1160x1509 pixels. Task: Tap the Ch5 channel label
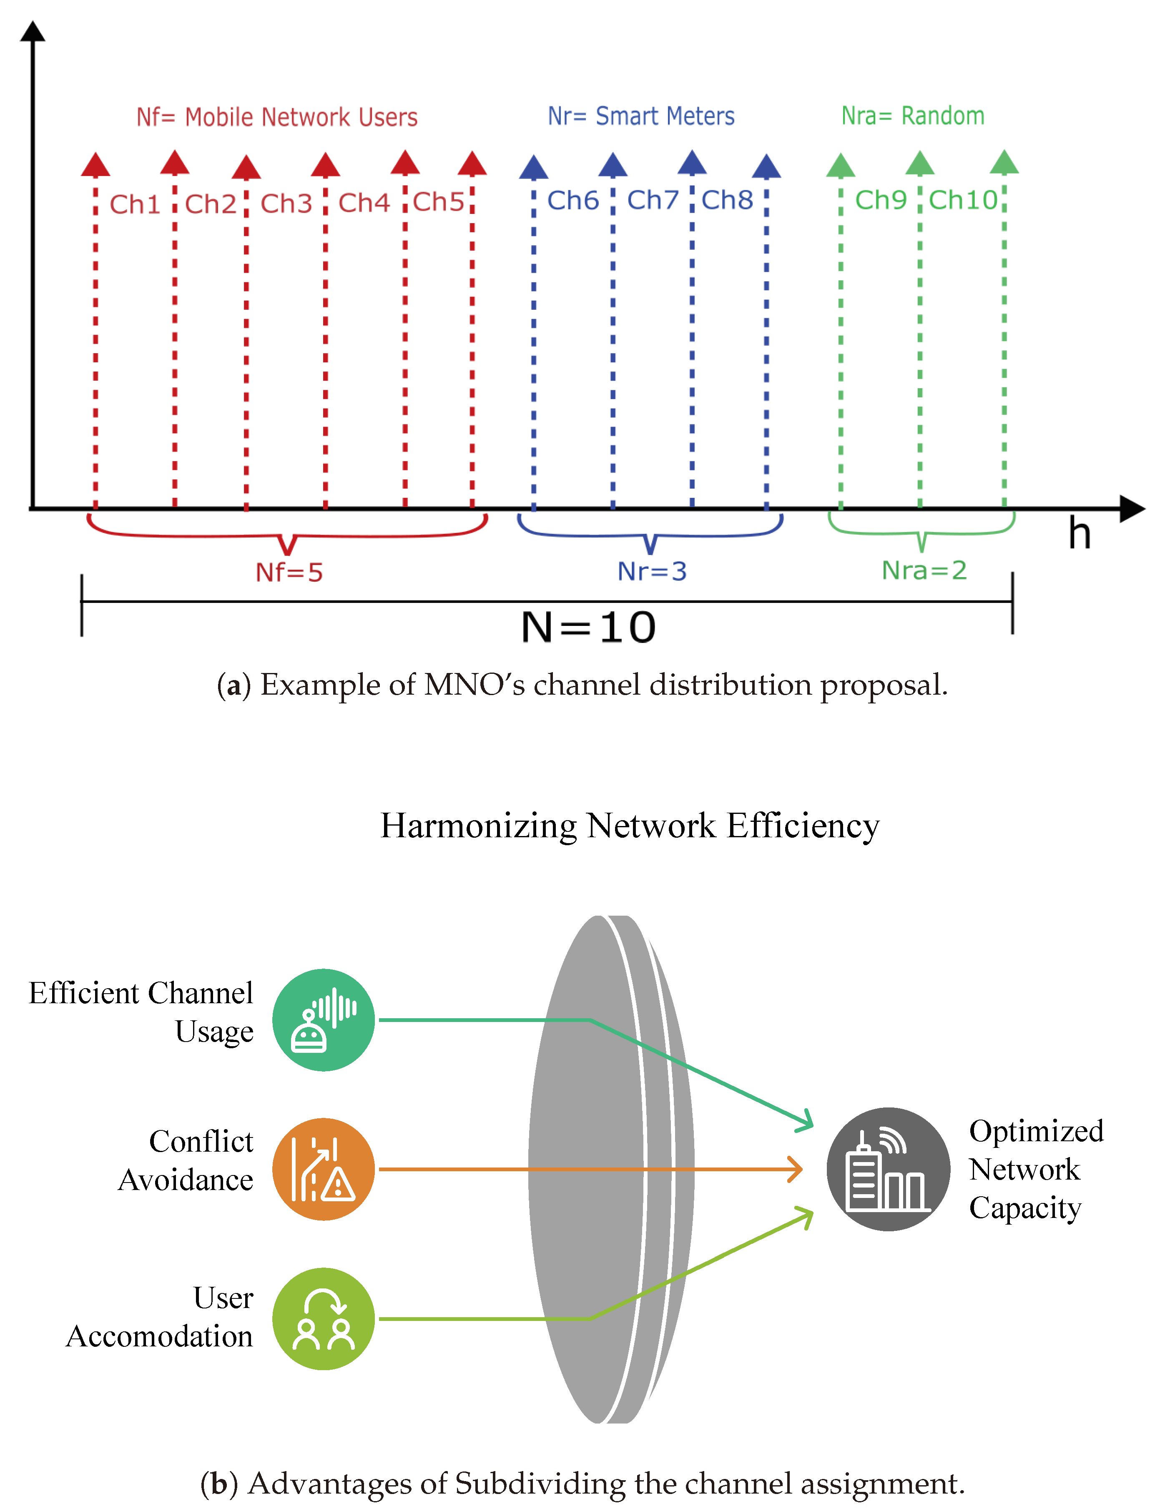tap(439, 202)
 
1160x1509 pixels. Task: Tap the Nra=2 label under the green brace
tap(924, 570)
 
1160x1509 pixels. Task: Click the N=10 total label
tap(588, 628)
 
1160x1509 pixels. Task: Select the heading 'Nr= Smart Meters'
tap(641, 116)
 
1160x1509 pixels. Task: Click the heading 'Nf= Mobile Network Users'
tap(277, 117)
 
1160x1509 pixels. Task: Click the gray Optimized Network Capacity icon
tap(889, 1169)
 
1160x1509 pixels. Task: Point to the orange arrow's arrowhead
tap(797, 1169)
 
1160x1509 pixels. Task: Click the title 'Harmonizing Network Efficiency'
tap(630, 826)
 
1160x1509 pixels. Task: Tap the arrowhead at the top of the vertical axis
tap(33, 31)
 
